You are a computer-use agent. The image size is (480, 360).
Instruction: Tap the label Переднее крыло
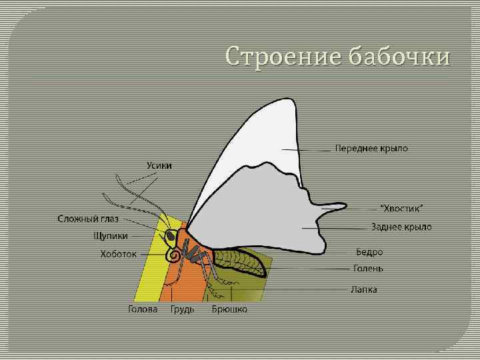point(371,148)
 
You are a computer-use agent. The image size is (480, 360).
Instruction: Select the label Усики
point(159,165)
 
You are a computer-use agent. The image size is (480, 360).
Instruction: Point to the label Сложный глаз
point(88,219)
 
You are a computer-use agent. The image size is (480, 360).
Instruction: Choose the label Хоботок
point(118,254)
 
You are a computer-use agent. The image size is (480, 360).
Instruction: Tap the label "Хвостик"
point(401,209)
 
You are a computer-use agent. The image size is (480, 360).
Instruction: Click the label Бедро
point(369,252)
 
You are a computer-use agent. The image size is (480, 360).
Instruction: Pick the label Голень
point(368,269)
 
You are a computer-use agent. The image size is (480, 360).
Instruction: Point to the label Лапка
point(365,290)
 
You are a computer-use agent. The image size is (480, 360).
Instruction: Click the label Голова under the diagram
point(143,309)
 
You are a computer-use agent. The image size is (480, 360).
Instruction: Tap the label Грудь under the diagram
point(182,309)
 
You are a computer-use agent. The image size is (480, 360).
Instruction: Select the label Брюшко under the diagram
point(229,309)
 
